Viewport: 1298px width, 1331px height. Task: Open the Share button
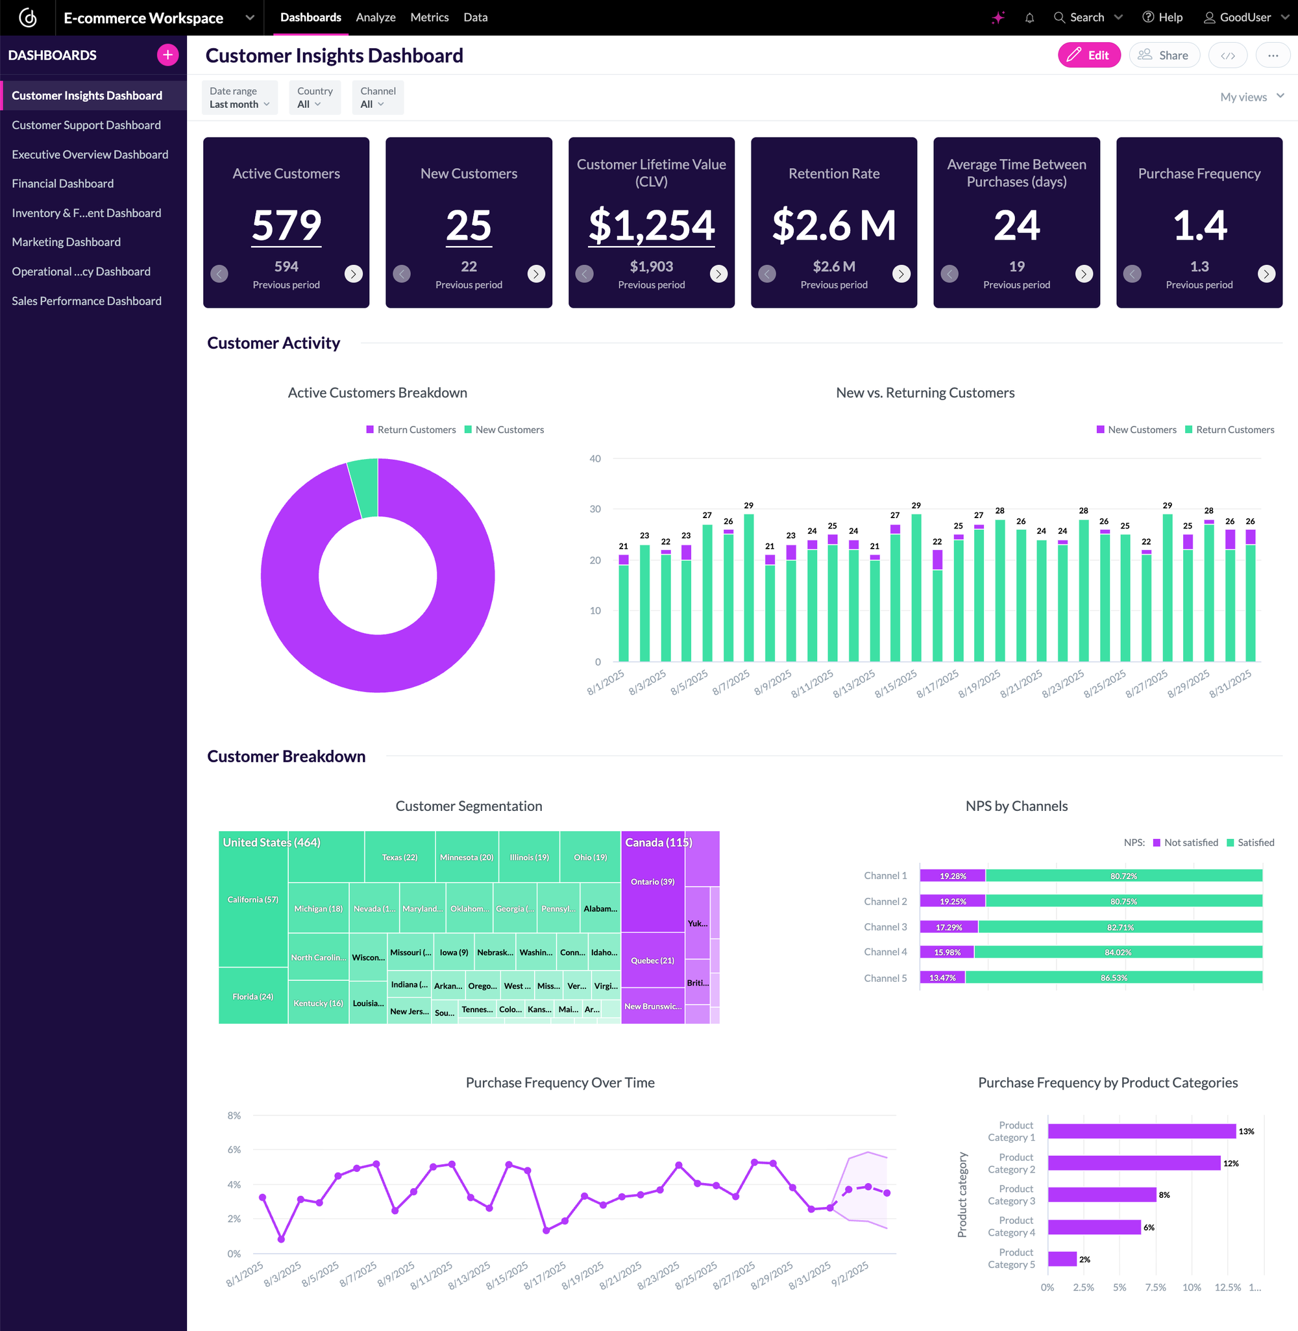[1164, 55]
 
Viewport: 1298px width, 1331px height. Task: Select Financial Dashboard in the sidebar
[63, 184]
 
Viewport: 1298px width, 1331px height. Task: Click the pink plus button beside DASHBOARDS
[167, 55]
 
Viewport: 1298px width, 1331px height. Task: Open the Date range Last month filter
[239, 97]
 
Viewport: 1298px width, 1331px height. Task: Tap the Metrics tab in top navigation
[429, 17]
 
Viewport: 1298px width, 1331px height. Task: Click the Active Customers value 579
[286, 225]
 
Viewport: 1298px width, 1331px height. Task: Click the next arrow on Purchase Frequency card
[1266, 274]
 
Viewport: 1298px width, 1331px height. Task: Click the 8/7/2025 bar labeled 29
[748, 586]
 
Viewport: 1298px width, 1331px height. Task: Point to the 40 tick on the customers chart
[595, 458]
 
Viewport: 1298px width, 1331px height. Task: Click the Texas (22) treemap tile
[400, 857]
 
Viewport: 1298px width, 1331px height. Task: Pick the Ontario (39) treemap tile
[652, 882]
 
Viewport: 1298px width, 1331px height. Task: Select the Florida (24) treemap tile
[252, 996]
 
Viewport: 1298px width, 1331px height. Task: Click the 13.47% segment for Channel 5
[942, 978]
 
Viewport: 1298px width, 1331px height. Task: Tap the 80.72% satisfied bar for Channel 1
[1123, 875]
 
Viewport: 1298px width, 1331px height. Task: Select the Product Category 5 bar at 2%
[1062, 1259]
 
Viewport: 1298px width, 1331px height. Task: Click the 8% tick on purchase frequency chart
[234, 1115]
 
